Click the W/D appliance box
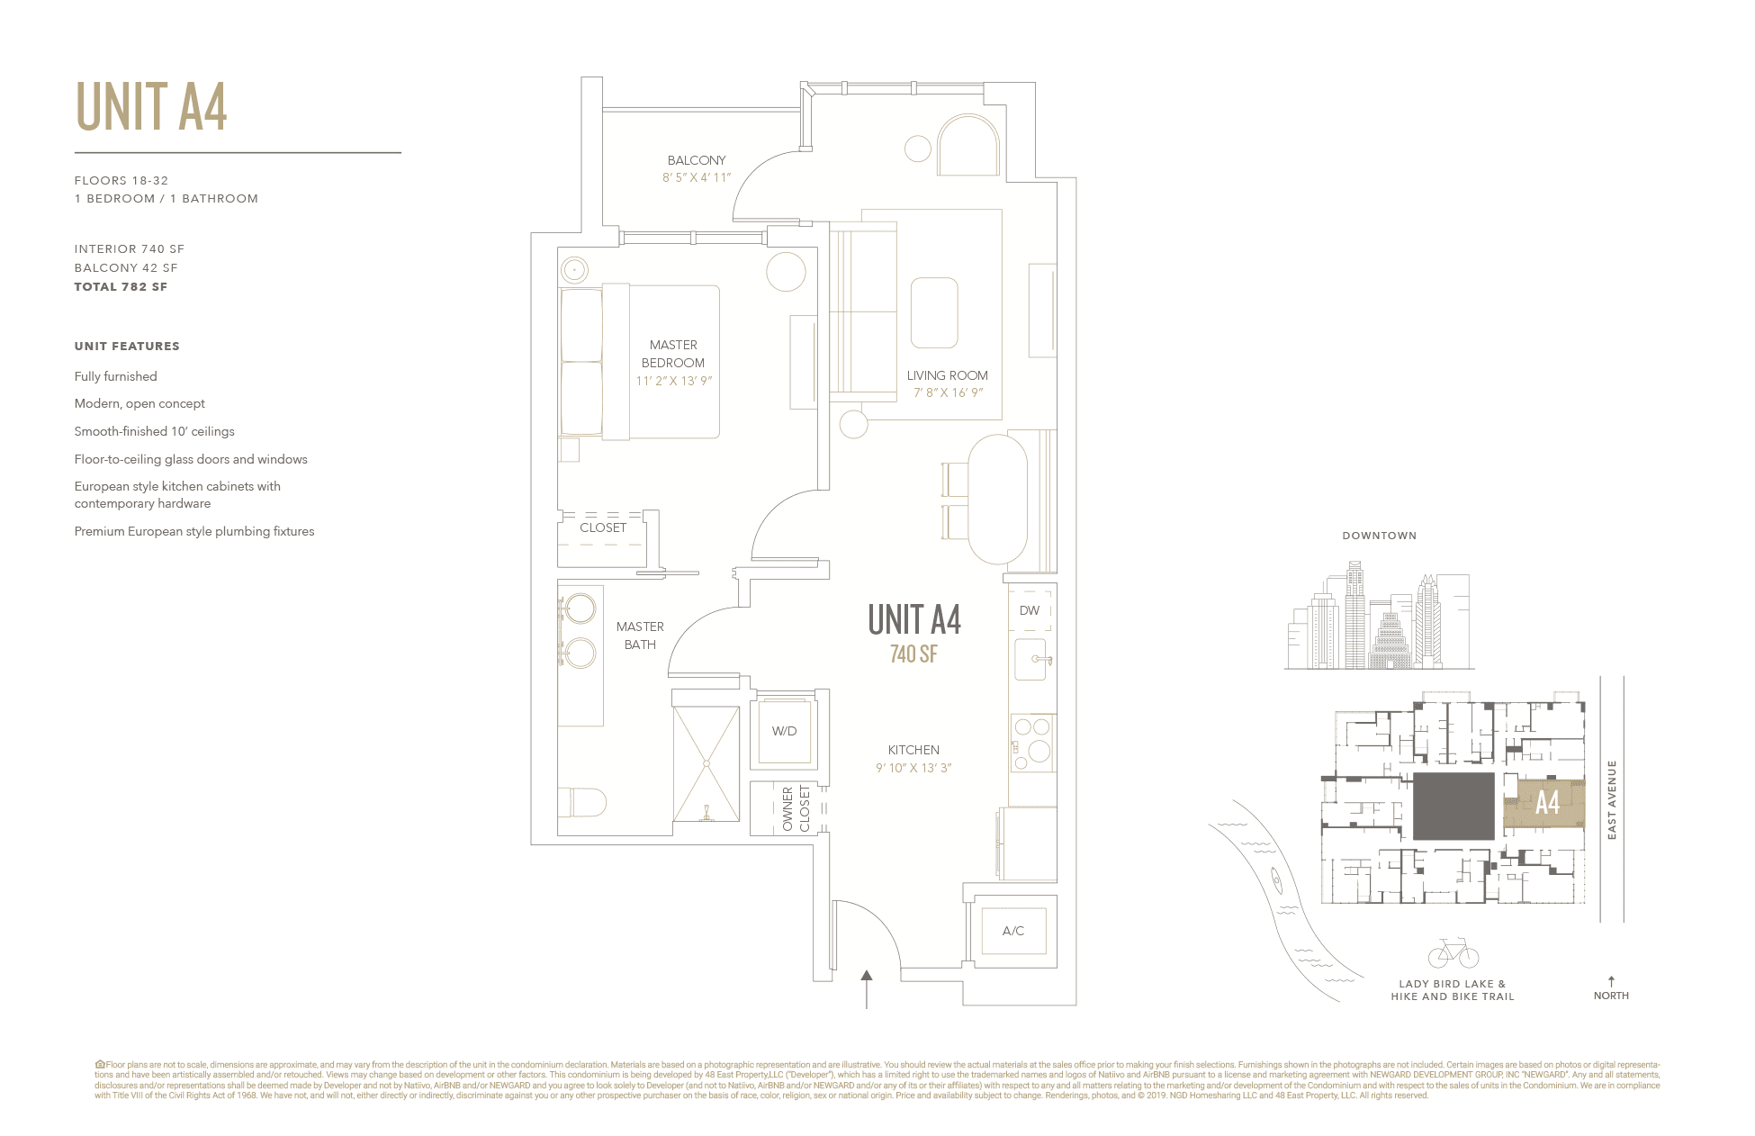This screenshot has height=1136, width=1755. tap(784, 731)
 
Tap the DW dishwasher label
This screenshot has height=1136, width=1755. tap(1030, 610)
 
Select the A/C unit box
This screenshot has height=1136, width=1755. tap(1012, 931)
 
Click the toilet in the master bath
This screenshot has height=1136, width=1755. tap(583, 802)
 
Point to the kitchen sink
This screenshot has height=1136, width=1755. tap(1031, 659)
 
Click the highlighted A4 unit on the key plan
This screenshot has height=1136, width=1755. tap(1544, 803)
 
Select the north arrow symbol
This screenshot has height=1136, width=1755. tap(1611, 982)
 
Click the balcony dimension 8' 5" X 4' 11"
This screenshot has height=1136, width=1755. tap(697, 177)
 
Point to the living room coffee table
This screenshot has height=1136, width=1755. tap(934, 312)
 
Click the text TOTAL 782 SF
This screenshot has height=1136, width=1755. tap(121, 287)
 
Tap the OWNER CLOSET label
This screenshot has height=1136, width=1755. tap(796, 808)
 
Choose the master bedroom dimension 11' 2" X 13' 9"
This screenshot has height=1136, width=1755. tap(673, 381)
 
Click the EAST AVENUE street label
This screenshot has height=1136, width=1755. tap(1612, 800)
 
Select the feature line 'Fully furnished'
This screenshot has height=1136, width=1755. tap(115, 376)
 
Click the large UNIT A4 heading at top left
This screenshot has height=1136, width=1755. tap(151, 106)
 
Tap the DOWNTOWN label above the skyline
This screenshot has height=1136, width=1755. tap(1379, 536)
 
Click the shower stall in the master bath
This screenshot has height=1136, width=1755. tap(706, 763)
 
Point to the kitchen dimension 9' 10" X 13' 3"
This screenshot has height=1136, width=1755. tap(913, 768)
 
